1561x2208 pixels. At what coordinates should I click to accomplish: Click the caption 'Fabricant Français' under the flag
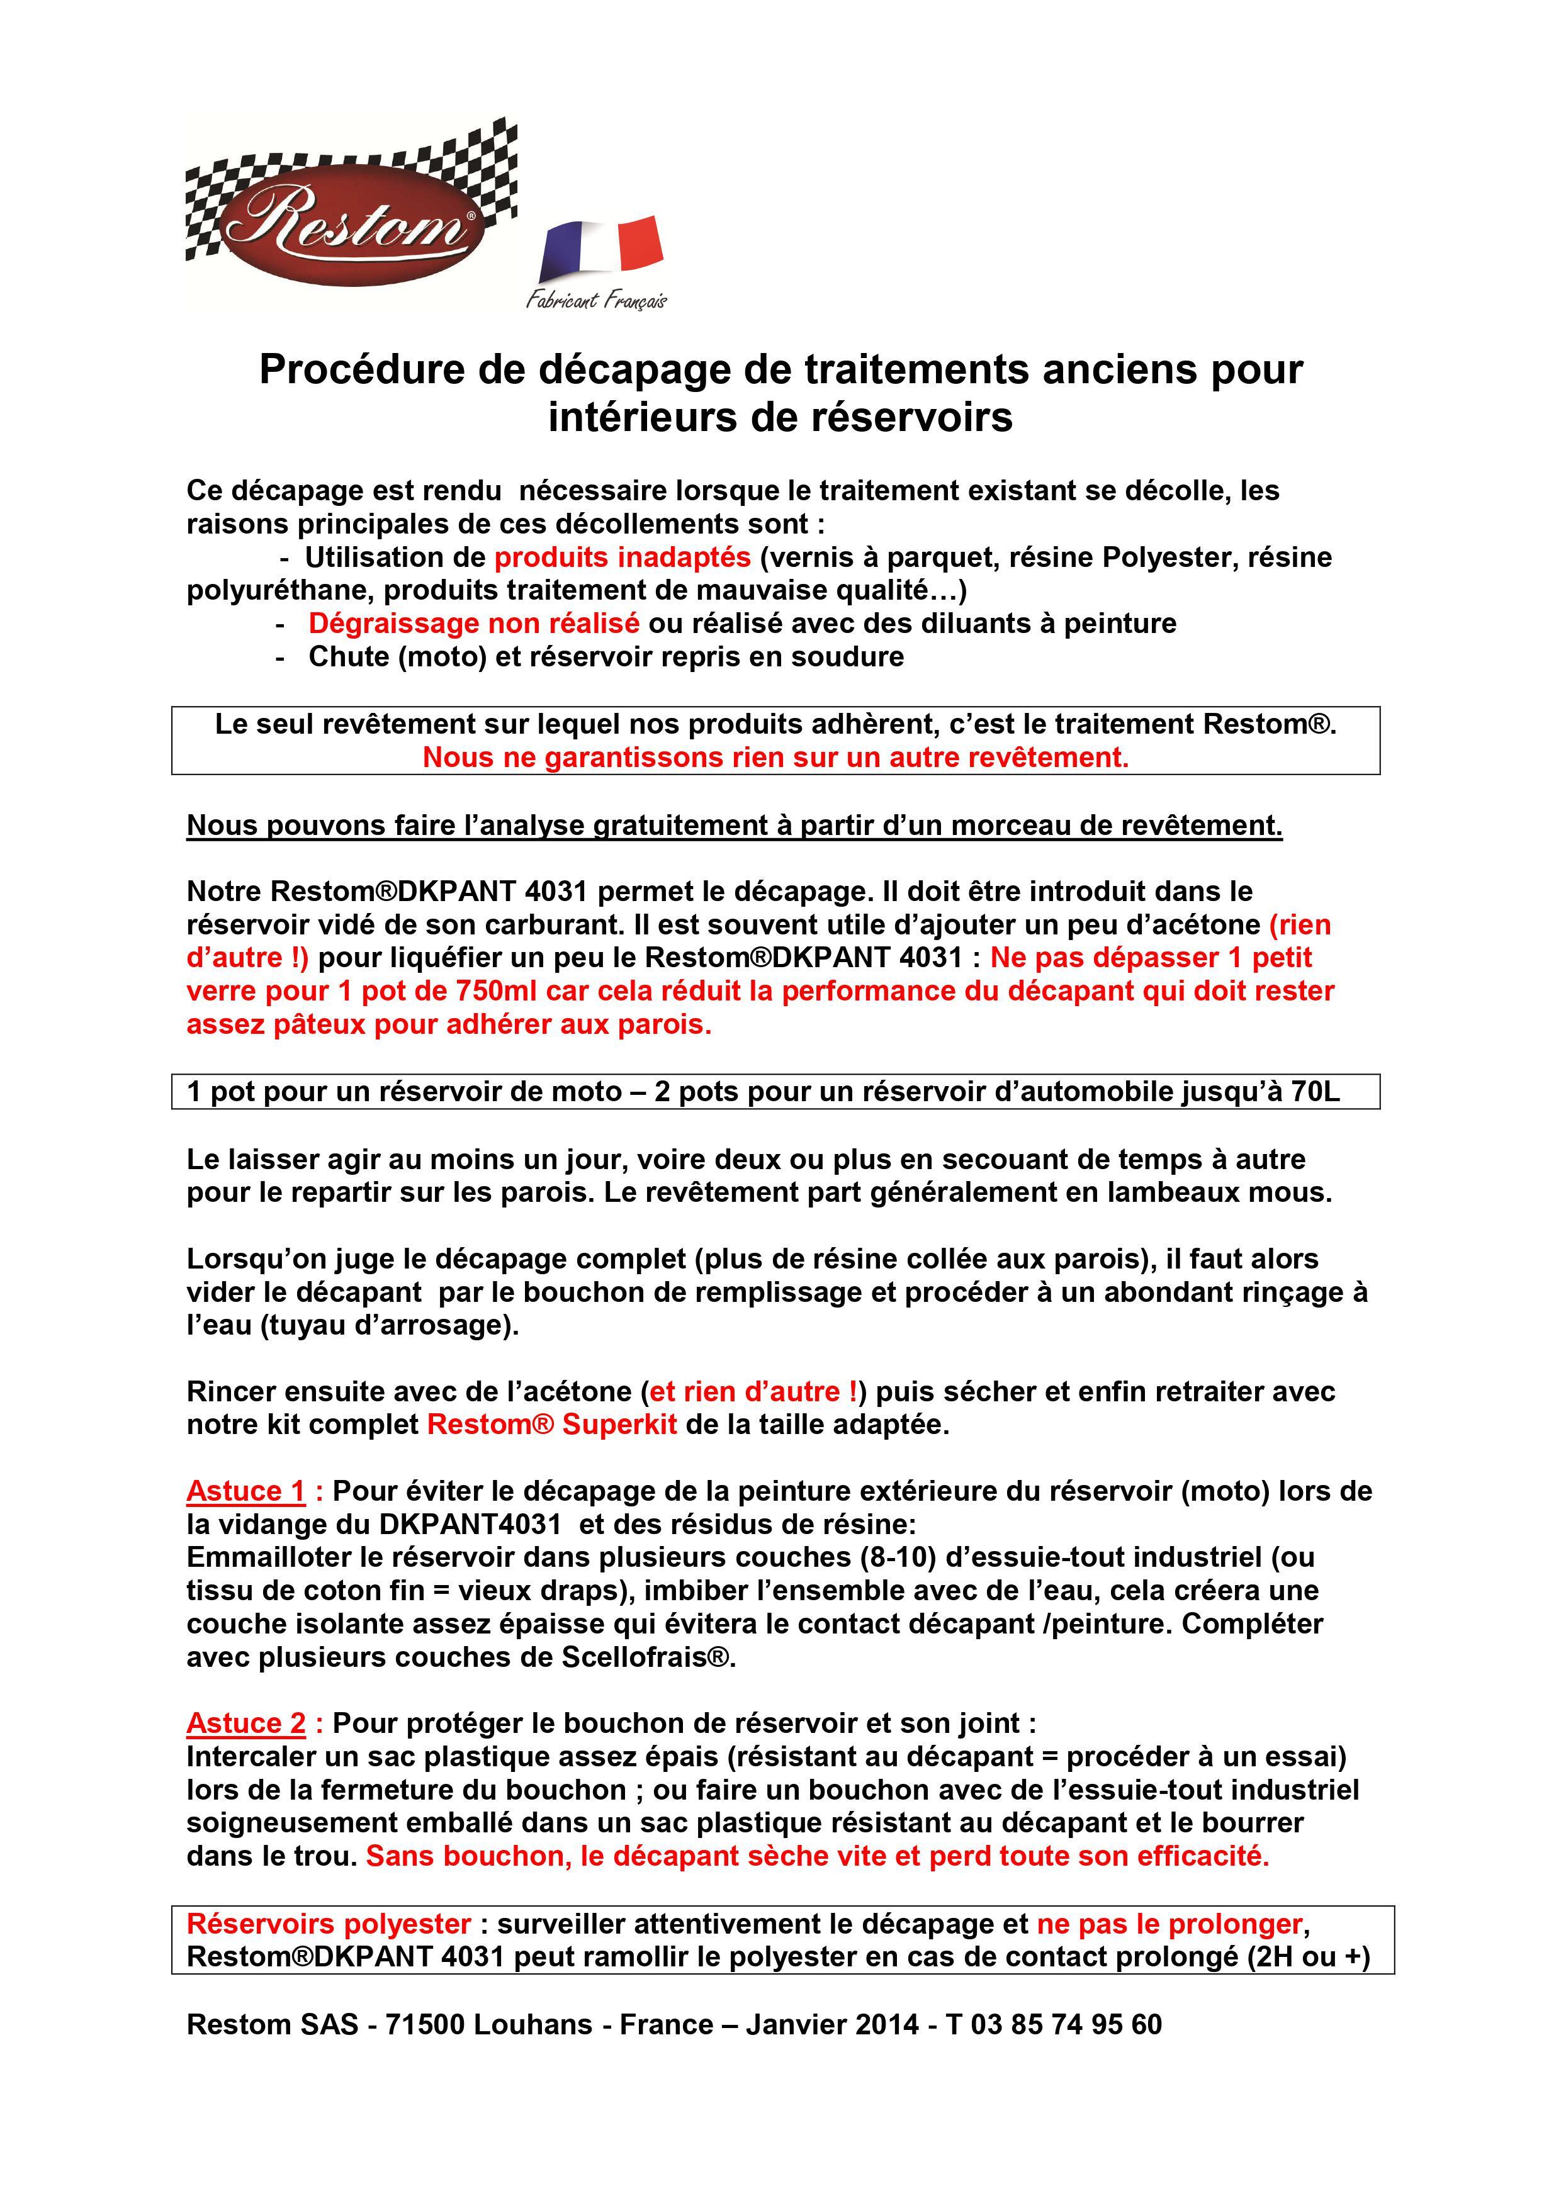[596, 300]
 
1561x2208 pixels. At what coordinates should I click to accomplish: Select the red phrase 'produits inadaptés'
[623, 557]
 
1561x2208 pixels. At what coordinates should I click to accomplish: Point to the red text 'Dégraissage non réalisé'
[473, 623]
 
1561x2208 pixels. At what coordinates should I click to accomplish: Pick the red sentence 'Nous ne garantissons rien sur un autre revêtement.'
[775, 758]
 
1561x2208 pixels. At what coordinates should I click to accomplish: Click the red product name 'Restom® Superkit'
[552, 1424]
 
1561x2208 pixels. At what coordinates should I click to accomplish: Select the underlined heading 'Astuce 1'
[246, 1491]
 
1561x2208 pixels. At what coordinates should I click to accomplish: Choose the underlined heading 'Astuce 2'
[246, 1723]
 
